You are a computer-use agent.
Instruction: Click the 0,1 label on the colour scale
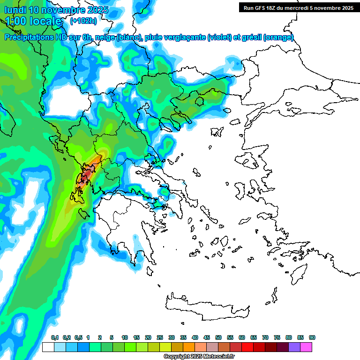[x=55, y=338]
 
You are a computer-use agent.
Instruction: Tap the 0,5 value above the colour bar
[x=78, y=338]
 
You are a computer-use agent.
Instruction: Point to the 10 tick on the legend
[x=125, y=338]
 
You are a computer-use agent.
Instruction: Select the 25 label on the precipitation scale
[x=160, y=338]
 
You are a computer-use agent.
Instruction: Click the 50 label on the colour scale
[x=218, y=338]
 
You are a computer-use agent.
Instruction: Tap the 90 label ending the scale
[x=312, y=338]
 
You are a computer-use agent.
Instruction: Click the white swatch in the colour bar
[x=48, y=347]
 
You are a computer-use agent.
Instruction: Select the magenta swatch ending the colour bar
[x=306, y=347]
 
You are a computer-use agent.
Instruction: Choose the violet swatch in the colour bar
[x=294, y=347]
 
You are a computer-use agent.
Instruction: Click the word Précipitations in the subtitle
[x=29, y=37]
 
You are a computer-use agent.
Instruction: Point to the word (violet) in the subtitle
[x=220, y=37]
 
